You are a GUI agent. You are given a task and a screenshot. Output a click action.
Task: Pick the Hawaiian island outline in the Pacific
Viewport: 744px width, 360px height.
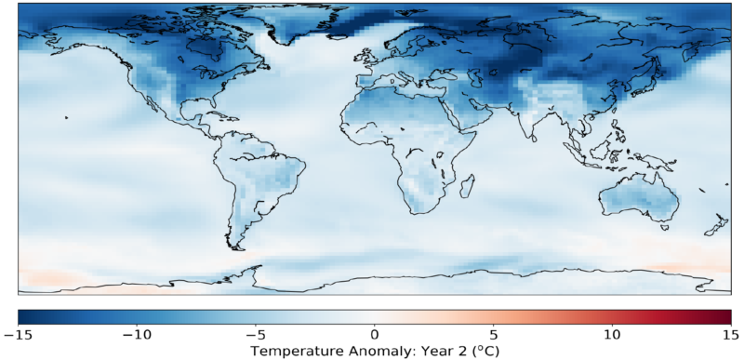pos(66,117)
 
